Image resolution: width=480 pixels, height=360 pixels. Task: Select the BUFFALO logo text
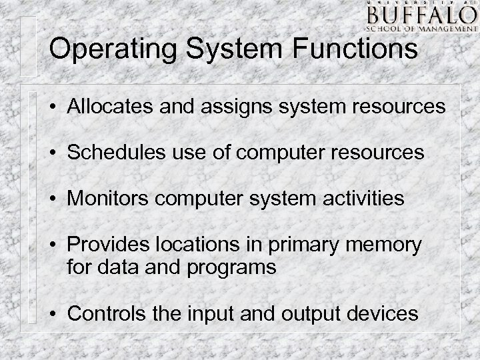[419, 15]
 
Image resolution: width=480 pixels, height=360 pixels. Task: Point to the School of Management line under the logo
[419, 28]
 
